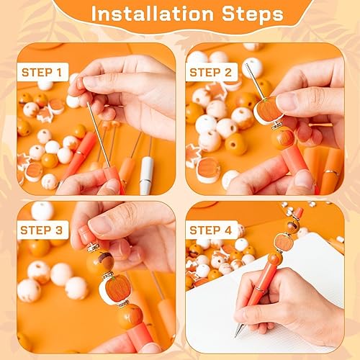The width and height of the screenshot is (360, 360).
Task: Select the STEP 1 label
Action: [45, 73]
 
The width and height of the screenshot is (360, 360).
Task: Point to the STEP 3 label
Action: [45, 230]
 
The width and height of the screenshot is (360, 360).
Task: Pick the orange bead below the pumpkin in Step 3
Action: [130, 317]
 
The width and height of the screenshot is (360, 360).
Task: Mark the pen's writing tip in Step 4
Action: [238, 331]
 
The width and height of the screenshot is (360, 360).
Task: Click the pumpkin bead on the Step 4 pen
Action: [284, 242]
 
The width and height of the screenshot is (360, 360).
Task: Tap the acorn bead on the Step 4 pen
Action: [292, 226]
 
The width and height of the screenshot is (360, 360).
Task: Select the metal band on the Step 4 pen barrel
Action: [259, 289]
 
